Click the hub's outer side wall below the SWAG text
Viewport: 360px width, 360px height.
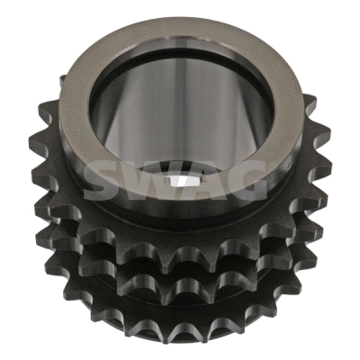coord(180,216)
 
